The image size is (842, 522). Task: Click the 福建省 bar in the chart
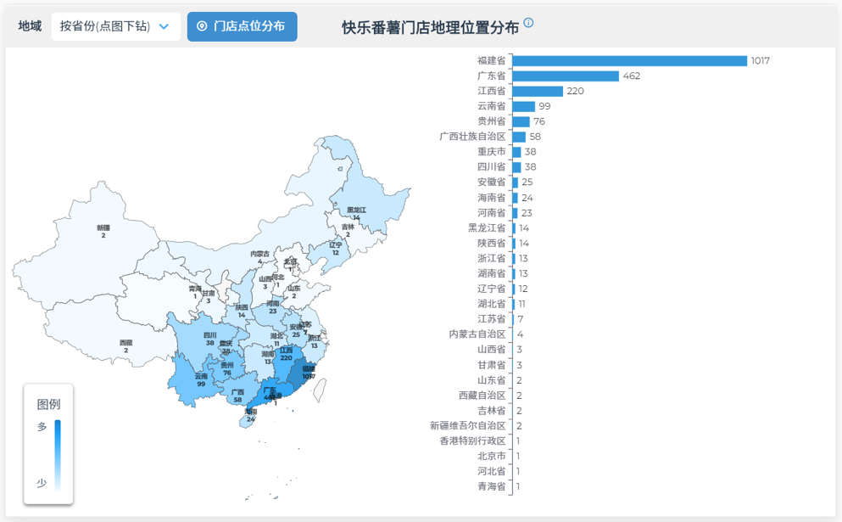[629, 60]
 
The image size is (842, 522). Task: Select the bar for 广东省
[566, 76]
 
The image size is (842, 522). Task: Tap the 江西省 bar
[538, 91]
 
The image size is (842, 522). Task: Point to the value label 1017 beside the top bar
[760, 61]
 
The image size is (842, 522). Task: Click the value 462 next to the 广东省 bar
[632, 76]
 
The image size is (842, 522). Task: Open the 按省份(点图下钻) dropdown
[115, 26]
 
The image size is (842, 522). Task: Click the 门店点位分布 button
[242, 26]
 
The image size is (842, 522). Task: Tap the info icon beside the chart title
[528, 23]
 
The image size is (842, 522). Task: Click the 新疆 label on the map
[103, 227]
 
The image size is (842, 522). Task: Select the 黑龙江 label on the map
[356, 210]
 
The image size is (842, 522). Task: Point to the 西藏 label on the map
[125, 343]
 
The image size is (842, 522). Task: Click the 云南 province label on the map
[201, 376]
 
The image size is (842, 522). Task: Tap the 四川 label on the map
[209, 335]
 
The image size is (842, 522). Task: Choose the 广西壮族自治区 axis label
[472, 137]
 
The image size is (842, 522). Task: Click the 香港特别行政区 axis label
[472, 441]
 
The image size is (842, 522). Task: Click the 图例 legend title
[48, 404]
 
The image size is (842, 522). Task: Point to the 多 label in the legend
[42, 427]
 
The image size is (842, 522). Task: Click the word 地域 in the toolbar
[30, 26]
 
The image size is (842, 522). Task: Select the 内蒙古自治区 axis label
[477, 334]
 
